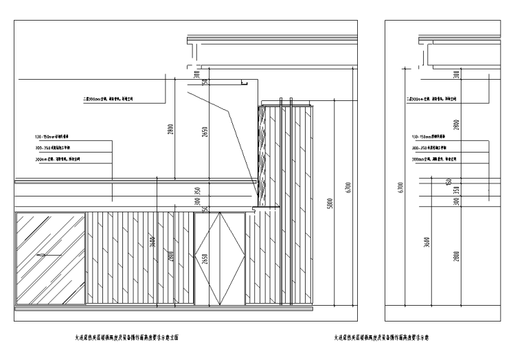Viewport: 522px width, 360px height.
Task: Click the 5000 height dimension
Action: (330, 204)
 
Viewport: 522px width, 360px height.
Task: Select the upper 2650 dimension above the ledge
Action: (205, 133)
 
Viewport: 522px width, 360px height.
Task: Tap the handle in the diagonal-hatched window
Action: (44, 255)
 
